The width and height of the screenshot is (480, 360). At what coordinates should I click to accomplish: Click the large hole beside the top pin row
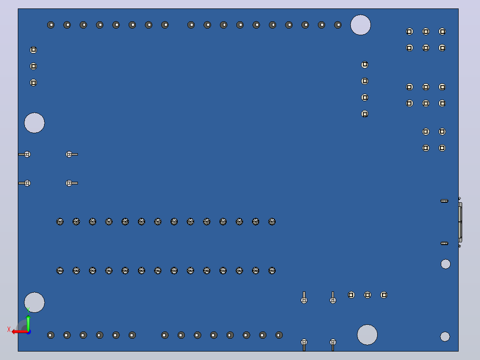[x=360, y=25]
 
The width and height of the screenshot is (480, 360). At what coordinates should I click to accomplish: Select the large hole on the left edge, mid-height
[x=34, y=123]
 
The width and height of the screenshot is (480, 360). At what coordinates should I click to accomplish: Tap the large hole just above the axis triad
[x=34, y=303]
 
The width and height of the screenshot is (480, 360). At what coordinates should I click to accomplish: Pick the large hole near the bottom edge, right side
[x=367, y=335]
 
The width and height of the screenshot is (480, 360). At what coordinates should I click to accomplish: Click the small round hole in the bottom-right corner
[x=445, y=336]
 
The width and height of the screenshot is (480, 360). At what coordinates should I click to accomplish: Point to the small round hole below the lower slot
[x=445, y=264]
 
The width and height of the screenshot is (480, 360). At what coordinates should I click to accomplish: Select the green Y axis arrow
[x=28, y=323]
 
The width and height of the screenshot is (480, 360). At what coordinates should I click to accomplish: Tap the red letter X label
[x=8, y=329]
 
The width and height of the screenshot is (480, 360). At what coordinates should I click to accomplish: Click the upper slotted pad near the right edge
[x=444, y=201]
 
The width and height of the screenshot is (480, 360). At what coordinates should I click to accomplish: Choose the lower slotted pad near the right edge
[x=444, y=243]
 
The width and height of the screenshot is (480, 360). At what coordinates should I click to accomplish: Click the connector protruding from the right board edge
[x=460, y=222]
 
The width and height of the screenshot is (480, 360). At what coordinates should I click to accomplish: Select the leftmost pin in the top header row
[x=51, y=25]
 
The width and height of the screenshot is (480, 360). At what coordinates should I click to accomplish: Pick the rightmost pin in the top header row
[x=338, y=25]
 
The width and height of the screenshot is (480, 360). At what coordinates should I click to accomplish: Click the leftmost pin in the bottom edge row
[x=51, y=335]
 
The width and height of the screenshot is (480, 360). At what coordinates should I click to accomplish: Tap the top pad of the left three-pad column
[x=33, y=49]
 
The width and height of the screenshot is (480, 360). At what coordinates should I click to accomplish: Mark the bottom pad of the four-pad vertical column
[x=365, y=114]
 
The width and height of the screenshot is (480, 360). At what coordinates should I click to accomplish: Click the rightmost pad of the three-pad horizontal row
[x=384, y=295]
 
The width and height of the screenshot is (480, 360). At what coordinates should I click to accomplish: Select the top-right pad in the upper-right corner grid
[x=442, y=31]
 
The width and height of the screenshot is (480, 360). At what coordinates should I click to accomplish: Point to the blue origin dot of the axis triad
[x=28, y=332]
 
